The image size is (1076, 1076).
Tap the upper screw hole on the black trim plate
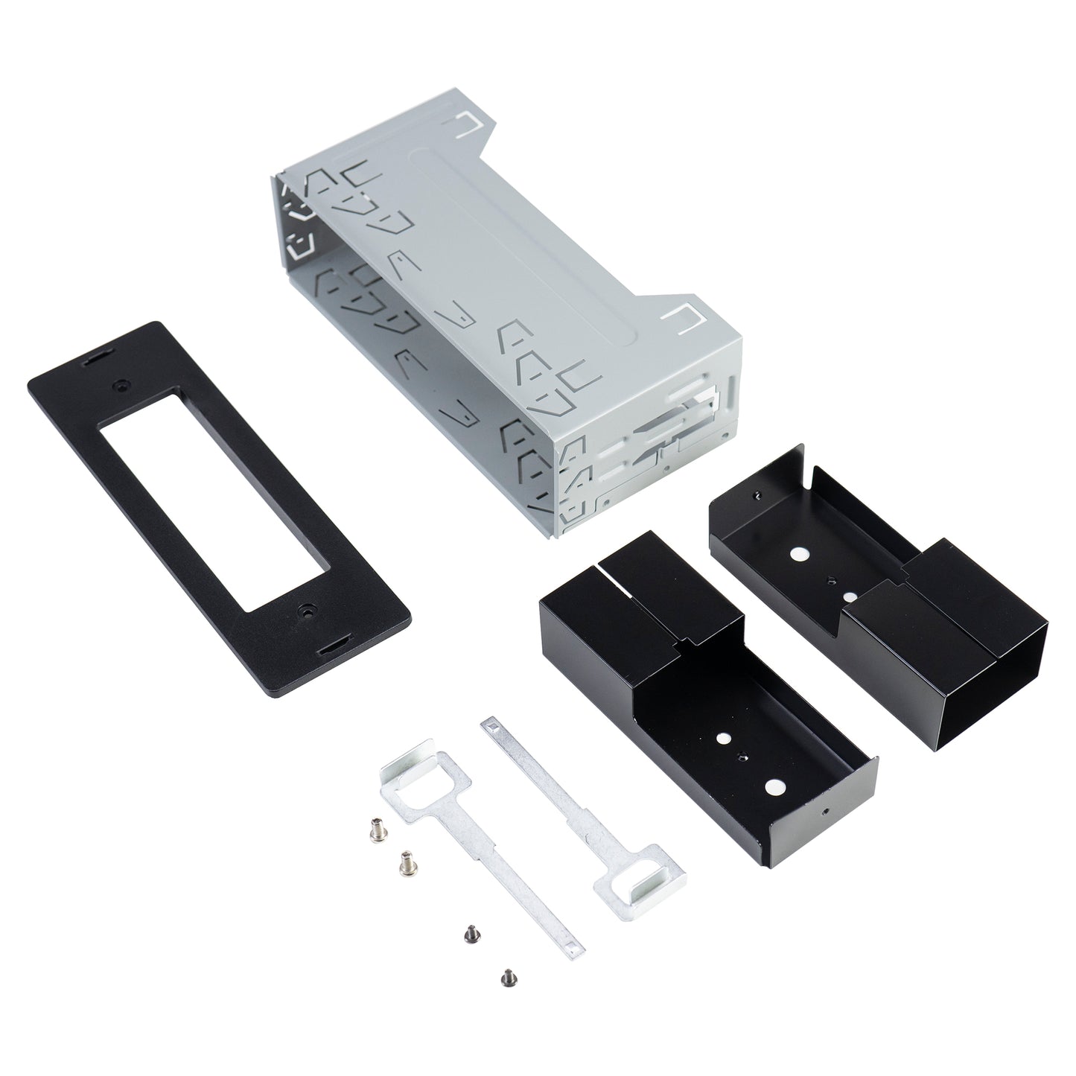pos(120,386)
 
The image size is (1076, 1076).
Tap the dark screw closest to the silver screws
pos(470,931)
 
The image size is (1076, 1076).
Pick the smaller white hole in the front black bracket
pos(722,738)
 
